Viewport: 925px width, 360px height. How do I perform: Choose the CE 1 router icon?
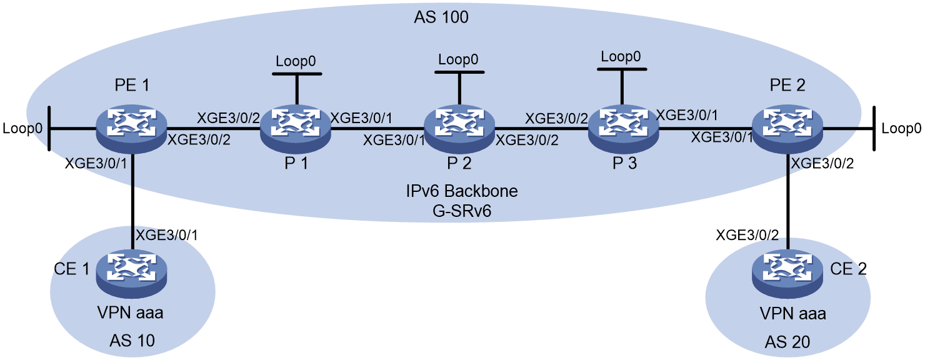point(131,273)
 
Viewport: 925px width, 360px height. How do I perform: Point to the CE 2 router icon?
point(787,273)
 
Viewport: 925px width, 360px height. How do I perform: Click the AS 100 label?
point(441,17)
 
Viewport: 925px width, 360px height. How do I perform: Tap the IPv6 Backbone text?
point(462,191)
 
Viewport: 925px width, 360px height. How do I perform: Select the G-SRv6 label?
point(462,211)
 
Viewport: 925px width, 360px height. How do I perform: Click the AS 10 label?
point(132,341)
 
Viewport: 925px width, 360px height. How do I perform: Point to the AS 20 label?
point(787,342)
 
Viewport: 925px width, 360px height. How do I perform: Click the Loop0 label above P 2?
point(458,59)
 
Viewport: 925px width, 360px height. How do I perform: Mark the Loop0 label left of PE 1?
point(22,128)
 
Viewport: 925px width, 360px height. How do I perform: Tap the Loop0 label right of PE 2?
point(901,128)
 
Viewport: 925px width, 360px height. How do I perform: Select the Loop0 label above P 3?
point(621,56)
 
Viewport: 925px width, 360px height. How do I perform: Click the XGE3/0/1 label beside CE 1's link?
point(167,236)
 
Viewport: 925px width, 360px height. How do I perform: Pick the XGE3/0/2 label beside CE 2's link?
point(747,236)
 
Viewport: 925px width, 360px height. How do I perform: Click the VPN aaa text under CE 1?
point(131,313)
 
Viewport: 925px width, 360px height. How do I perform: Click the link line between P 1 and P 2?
point(377,128)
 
